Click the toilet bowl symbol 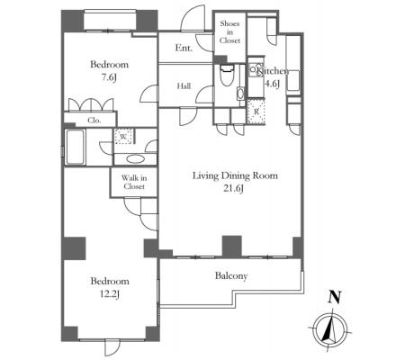pos(227,76)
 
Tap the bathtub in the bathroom pos(75,147)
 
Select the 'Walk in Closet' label pos(134,182)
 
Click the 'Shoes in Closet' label pos(229,31)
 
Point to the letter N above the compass pos(335,297)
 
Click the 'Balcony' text pos(231,275)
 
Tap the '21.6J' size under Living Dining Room pos(233,189)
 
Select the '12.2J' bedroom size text pos(110,294)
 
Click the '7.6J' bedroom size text pos(109,77)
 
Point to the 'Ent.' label pos(184,48)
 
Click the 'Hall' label pos(184,86)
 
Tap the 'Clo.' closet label pos(94,121)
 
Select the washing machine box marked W pos(124,136)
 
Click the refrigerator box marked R pos(256,112)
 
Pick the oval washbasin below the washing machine pos(136,159)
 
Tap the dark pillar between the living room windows pos(231,246)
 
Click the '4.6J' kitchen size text pos(272,84)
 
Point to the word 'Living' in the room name pos(205,175)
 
